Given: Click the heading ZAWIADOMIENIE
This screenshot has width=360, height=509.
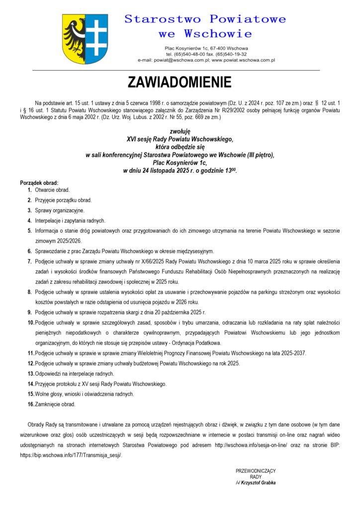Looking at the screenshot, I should [180, 82].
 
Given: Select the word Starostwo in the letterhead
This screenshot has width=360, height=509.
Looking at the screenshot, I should [162, 19].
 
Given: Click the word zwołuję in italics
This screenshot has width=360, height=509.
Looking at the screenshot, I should [180, 131].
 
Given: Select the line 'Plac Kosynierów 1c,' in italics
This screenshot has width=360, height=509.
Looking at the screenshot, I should [180, 163].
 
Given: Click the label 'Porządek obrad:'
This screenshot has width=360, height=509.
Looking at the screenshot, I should [39, 182].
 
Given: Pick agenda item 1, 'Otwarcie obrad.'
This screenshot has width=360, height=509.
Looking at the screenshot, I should [52, 190].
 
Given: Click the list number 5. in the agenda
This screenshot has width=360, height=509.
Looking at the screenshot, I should [30, 231].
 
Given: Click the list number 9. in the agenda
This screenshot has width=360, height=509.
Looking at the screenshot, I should [30, 312].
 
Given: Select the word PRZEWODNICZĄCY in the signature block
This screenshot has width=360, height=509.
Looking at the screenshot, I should [256, 471].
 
